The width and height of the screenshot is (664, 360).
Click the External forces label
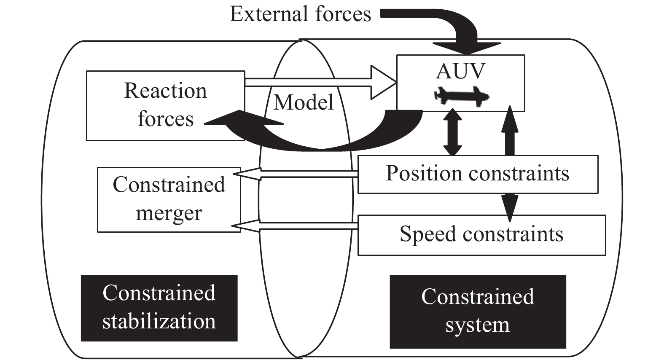tap(300, 14)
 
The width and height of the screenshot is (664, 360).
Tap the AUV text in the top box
tap(460, 71)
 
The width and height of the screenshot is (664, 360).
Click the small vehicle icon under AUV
tap(462, 96)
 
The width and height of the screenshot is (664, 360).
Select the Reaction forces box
tap(165, 105)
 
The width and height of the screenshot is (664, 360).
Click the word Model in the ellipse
tap(304, 102)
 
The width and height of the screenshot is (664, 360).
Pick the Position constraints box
tap(477, 174)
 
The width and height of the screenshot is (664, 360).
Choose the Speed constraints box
tap(481, 234)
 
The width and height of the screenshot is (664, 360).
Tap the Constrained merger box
tap(169, 199)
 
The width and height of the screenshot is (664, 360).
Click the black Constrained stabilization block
tap(159, 308)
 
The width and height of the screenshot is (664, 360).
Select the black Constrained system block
tap(477, 312)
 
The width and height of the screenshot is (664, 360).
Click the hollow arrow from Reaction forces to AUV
tap(320, 83)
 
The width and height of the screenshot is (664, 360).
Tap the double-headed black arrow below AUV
tap(452, 133)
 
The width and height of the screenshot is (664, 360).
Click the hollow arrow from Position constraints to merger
tap(295, 174)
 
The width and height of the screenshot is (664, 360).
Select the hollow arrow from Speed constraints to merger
tap(295, 226)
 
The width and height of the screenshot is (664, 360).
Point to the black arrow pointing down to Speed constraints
tap(510, 207)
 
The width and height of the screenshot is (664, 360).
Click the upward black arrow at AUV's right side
tap(510, 131)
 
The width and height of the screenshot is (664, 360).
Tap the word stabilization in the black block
tap(159, 321)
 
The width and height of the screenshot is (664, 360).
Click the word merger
tap(169, 213)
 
